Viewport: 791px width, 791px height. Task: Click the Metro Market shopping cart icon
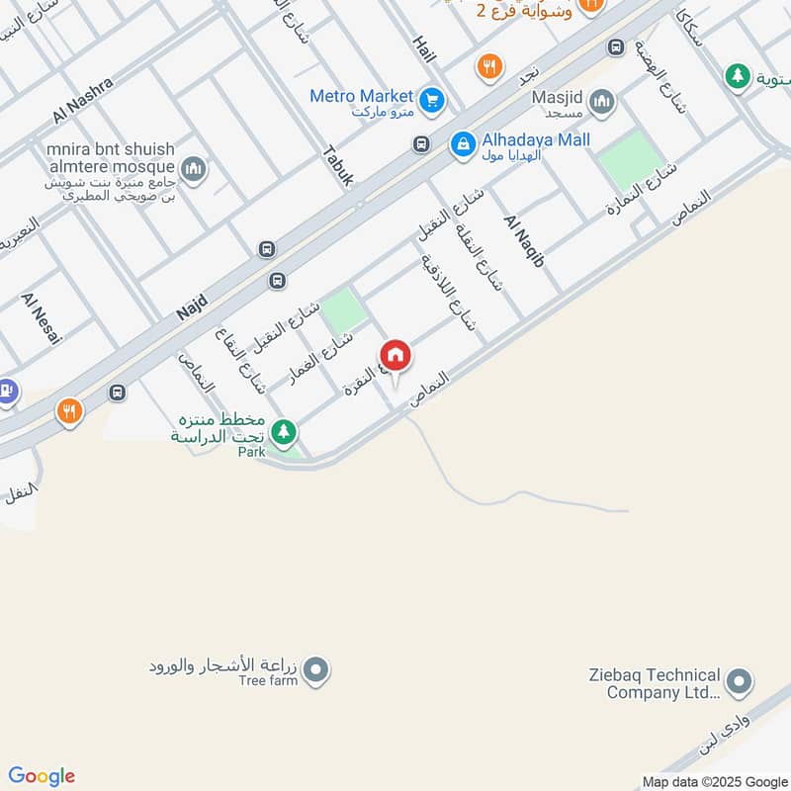point(430,100)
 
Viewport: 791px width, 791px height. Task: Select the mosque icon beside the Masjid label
point(601,102)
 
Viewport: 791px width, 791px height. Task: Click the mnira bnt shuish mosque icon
point(195,170)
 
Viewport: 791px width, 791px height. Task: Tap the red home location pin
point(395,357)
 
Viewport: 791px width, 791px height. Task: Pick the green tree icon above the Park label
point(284,432)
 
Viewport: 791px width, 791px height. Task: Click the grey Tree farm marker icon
point(316,672)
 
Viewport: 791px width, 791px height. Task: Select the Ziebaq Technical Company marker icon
point(739,682)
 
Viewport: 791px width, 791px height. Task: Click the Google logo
point(42,776)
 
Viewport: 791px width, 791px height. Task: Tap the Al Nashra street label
point(85,102)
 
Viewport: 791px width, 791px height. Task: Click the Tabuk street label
point(337,166)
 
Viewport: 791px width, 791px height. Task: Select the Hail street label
point(423,46)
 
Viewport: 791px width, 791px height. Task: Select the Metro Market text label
point(361,96)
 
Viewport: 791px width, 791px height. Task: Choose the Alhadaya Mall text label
point(534,140)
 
